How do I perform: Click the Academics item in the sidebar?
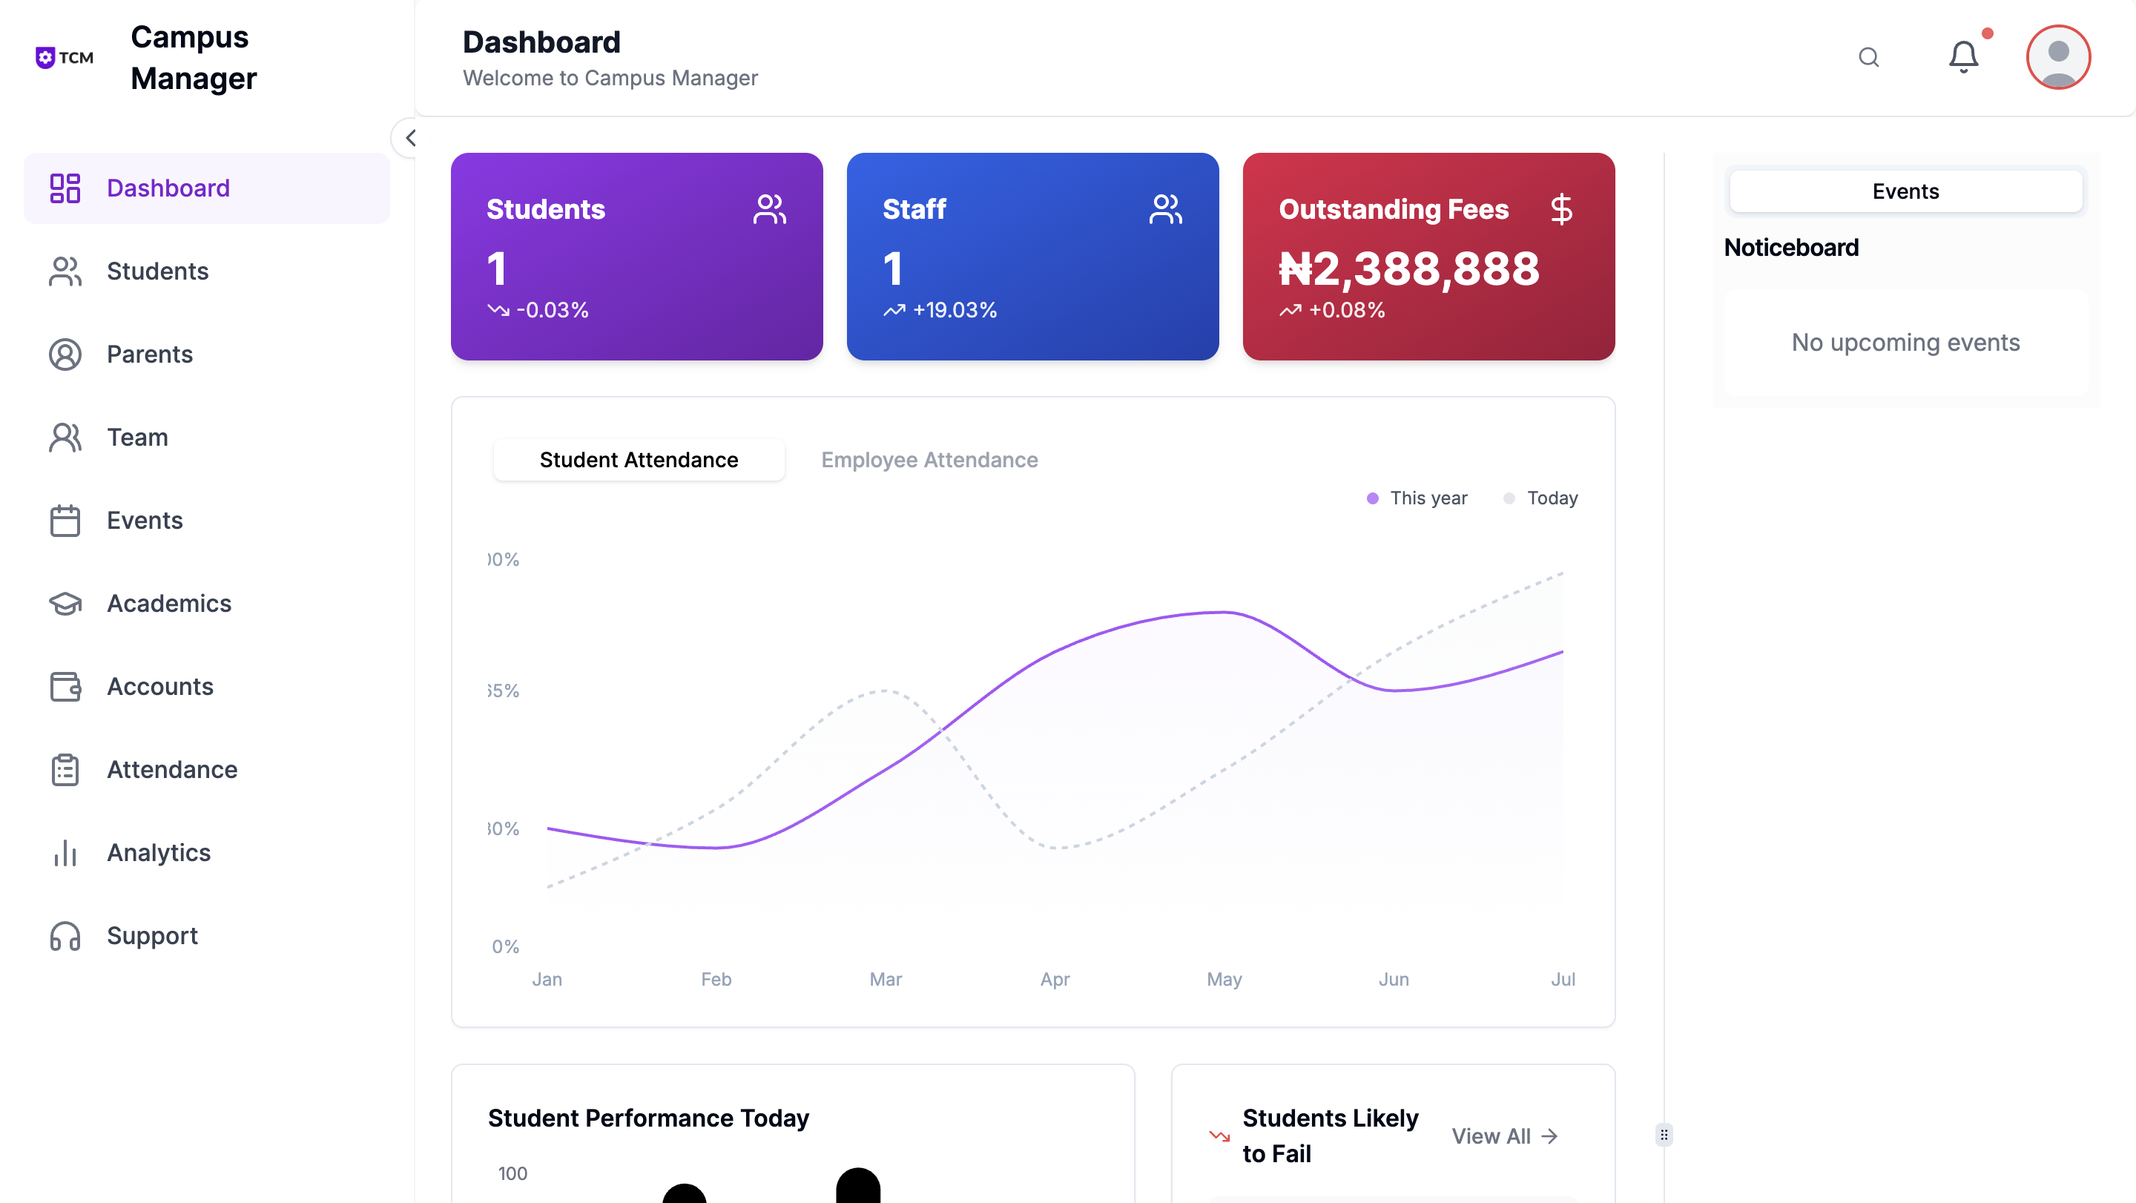[168, 604]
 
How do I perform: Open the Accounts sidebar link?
[160, 687]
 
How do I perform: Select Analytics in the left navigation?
[159, 852]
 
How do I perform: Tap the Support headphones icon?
[65, 936]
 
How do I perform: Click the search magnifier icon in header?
[1868, 57]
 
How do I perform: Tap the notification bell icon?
[1962, 57]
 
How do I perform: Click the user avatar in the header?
[2057, 57]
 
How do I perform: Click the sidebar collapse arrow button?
[409, 138]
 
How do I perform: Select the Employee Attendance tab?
[929, 460]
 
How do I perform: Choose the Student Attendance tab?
[639, 460]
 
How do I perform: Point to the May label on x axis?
[1224, 979]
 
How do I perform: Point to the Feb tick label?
[716, 979]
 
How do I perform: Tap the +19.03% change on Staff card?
[954, 310]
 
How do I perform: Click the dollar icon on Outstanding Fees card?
[1561, 209]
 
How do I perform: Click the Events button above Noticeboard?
[1905, 191]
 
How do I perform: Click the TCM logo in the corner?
[65, 57]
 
